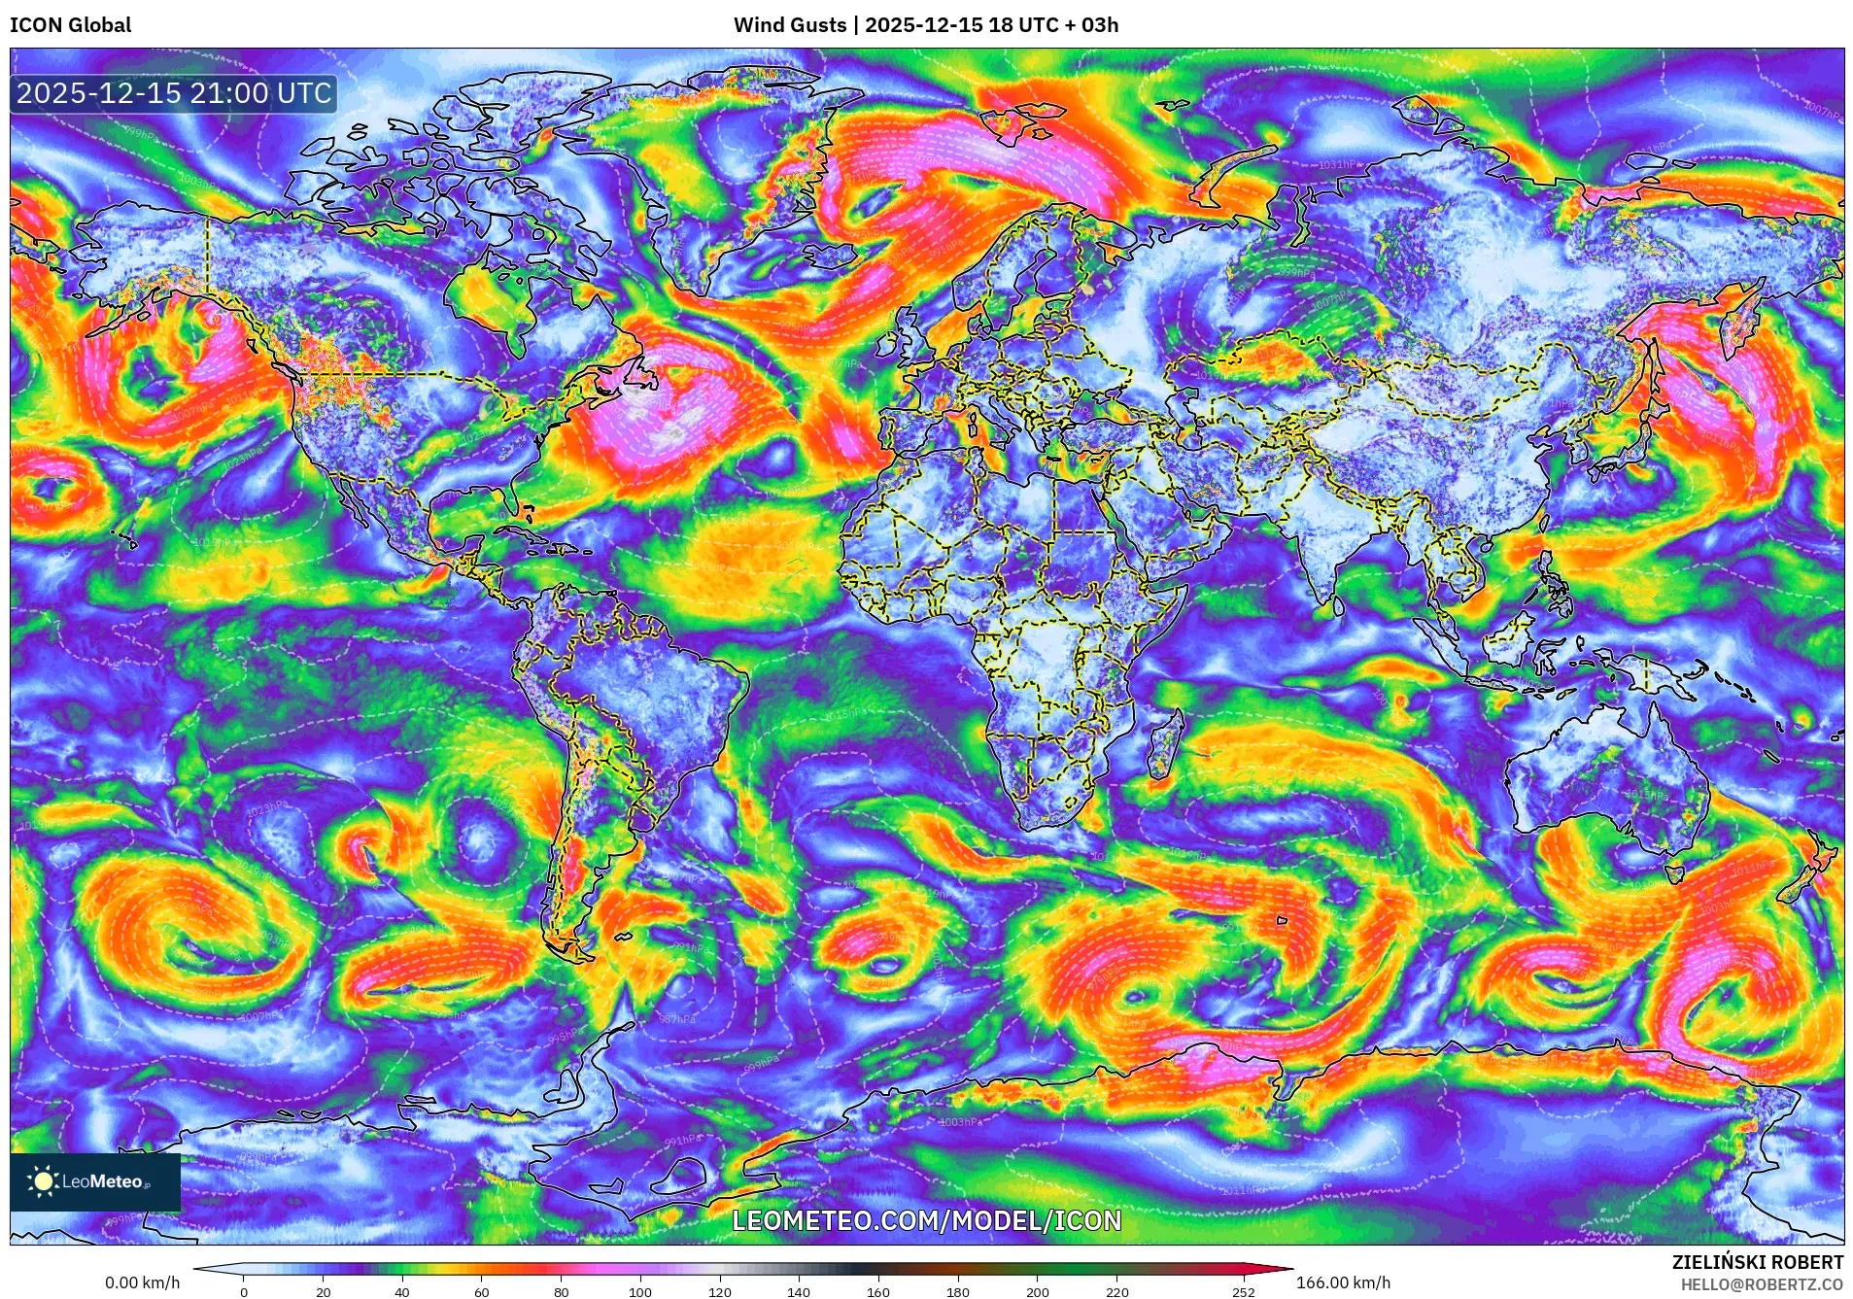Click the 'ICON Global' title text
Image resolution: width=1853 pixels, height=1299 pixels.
click(x=70, y=25)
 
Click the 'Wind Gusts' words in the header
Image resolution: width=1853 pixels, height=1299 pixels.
click(x=789, y=25)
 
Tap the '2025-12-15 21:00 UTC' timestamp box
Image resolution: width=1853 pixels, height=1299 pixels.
click(x=174, y=94)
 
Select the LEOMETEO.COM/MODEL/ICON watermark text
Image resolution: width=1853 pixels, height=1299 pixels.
click(x=926, y=1220)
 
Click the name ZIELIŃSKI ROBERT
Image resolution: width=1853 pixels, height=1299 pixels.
click(x=1757, y=1262)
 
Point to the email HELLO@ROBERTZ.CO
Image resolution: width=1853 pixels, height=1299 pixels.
click(x=1761, y=1284)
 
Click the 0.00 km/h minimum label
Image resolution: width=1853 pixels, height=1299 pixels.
click(x=142, y=1282)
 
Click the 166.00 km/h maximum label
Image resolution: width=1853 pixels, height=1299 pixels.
click(x=1343, y=1282)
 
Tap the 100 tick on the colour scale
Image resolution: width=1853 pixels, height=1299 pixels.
click(x=639, y=1292)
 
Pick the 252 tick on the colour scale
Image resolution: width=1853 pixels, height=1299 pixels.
click(x=1244, y=1292)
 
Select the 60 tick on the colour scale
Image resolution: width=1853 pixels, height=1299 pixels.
click(x=481, y=1292)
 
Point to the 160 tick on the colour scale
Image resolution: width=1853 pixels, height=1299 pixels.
click(x=877, y=1292)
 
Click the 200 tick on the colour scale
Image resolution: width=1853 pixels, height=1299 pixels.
click(x=1037, y=1292)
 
